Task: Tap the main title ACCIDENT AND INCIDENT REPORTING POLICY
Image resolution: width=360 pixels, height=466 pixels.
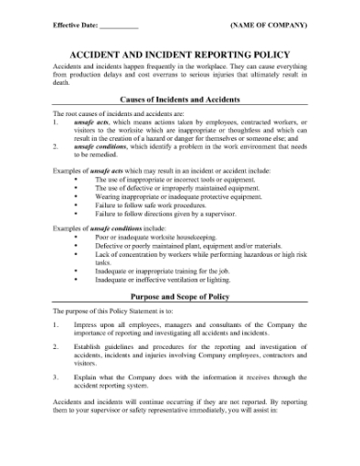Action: (180, 55)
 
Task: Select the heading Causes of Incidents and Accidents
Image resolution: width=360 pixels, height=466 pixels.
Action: (180, 99)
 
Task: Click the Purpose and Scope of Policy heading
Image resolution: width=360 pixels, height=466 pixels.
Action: (180, 298)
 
